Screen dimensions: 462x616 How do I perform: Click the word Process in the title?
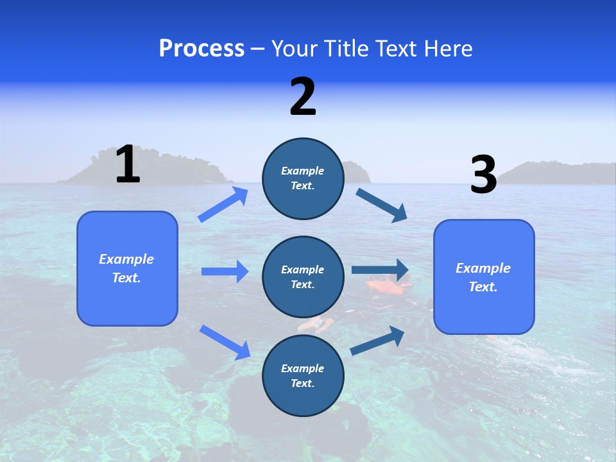[201, 49]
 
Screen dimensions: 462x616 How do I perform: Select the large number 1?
[128, 165]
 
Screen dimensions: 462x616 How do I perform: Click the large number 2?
[303, 97]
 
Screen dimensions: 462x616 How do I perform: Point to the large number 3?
[483, 175]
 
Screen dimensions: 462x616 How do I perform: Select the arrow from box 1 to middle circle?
[225, 271]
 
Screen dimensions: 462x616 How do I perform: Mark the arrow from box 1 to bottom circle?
[225, 342]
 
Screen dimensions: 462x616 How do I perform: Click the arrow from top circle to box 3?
[381, 205]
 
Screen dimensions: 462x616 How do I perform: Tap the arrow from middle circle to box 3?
[380, 270]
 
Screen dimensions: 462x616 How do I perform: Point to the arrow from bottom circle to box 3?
[377, 340]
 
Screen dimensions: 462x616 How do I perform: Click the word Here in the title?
[449, 49]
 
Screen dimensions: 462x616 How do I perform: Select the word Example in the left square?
[126, 259]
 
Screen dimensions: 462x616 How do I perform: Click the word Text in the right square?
[482, 287]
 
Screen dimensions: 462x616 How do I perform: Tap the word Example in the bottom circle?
[303, 368]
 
